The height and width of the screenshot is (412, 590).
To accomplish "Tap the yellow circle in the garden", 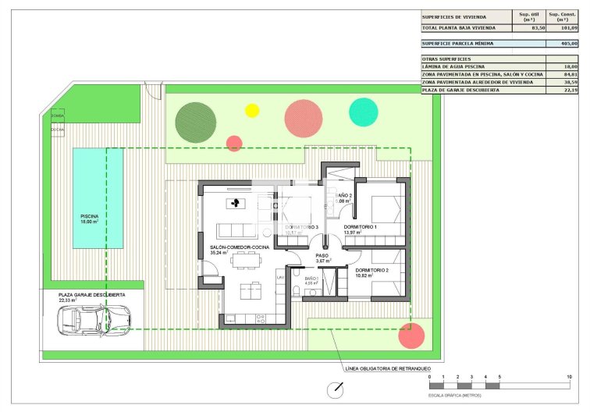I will [252, 111].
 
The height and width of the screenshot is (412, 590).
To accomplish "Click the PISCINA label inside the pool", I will [90, 215].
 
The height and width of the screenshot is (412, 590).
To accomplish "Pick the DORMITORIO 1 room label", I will [361, 227].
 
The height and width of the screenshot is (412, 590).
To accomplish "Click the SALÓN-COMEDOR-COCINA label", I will [239, 247].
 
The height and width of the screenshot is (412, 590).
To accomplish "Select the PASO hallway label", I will [322, 255].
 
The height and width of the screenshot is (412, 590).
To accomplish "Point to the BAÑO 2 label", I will [344, 196].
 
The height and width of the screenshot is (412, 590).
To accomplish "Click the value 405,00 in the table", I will [568, 44].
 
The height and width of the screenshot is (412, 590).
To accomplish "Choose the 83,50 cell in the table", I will [538, 27].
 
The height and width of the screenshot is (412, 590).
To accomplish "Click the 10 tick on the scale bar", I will [569, 378].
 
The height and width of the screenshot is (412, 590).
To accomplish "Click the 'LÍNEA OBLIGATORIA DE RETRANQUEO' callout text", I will [387, 368].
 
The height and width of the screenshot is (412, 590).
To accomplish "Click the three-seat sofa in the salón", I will [236, 230].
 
